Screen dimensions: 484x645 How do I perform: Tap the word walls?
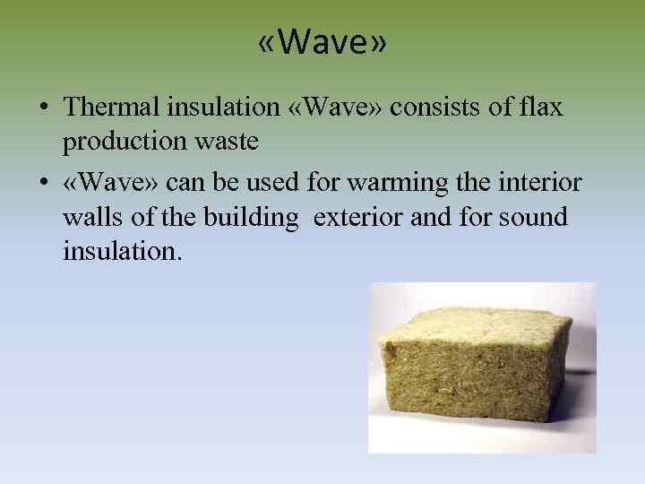94,218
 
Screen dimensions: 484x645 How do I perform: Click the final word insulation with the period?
122,251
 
